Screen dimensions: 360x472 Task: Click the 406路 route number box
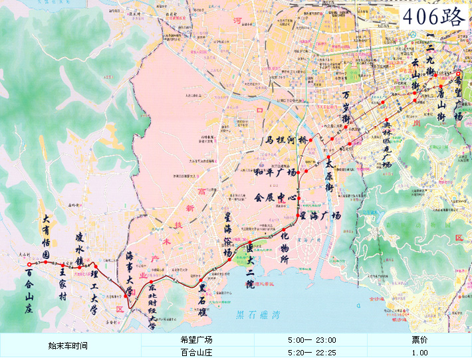[x=435, y=17]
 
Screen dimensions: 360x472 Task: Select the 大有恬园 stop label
[x=46, y=236]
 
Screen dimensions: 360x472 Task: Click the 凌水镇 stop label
[x=80, y=248]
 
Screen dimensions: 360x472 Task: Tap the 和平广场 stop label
[x=275, y=173]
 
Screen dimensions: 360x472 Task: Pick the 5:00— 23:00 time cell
[x=311, y=339]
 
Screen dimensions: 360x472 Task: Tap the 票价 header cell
[x=419, y=339]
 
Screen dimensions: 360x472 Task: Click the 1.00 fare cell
[x=419, y=353]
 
